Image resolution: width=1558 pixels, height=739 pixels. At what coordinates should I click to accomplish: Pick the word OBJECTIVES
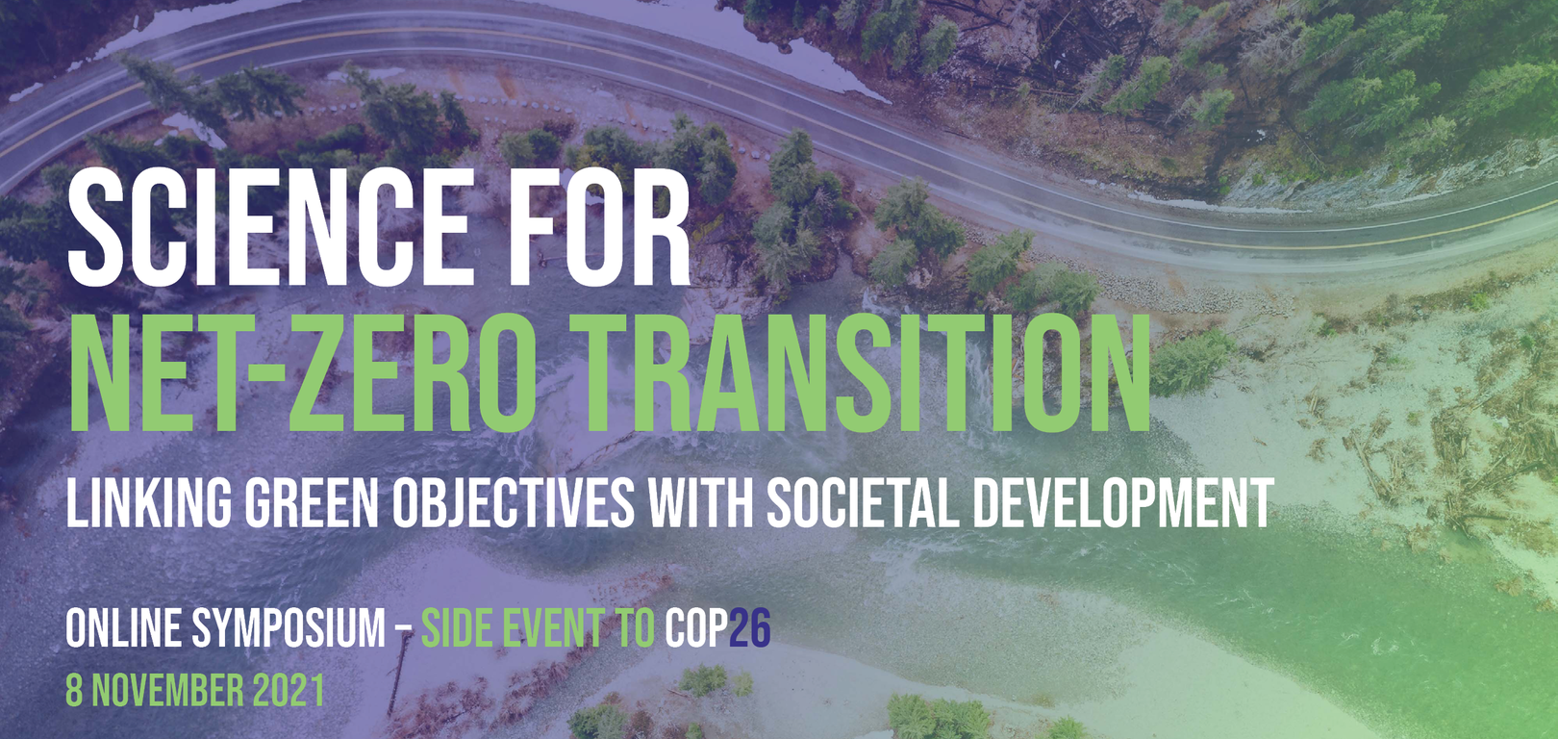pyautogui.click(x=514, y=502)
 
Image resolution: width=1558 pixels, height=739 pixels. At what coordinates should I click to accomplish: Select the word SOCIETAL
pyautogui.click(x=862, y=502)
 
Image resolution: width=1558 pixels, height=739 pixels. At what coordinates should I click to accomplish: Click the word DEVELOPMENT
pyautogui.click(x=1122, y=502)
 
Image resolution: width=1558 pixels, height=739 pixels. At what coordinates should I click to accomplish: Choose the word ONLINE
pyautogui.click(x=123, y=629)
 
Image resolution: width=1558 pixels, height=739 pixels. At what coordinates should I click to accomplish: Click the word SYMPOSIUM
pyautogui.click(x=289, y=629)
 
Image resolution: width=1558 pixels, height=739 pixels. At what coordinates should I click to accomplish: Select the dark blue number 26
pyautogui.click(x=750, y=629)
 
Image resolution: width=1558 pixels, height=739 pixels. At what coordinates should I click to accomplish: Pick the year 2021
pyautogui.click(x=289, y=691)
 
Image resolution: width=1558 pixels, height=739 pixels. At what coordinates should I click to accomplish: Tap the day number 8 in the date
pyautogui.click(x=74, y=691)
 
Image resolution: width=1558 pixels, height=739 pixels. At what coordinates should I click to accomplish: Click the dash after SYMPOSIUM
pyautogui.click(x=404, y=631)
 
